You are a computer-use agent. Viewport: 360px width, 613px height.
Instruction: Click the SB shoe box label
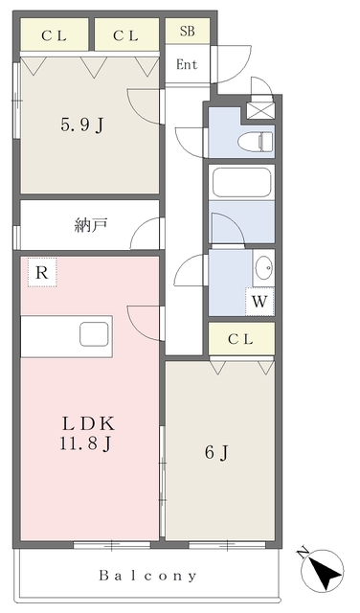[187, 31]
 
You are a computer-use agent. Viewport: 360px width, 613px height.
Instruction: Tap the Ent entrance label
[186, 65]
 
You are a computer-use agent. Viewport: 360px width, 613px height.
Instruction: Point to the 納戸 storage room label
[90, 226]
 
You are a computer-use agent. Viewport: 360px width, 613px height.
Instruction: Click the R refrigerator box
[41, 272]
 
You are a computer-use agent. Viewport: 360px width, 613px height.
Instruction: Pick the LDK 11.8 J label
[91, 432]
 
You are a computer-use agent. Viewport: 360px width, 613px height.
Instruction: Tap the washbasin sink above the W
[263, 266]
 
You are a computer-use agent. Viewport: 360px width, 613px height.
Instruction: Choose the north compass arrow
[326, 572]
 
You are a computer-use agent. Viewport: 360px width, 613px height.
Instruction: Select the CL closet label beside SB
[124, 36]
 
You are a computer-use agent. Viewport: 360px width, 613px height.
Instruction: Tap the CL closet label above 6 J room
[241, 338]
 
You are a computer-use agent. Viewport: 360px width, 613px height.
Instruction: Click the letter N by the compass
[304, 553]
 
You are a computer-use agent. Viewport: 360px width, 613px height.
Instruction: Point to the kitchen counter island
[66, 335]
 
